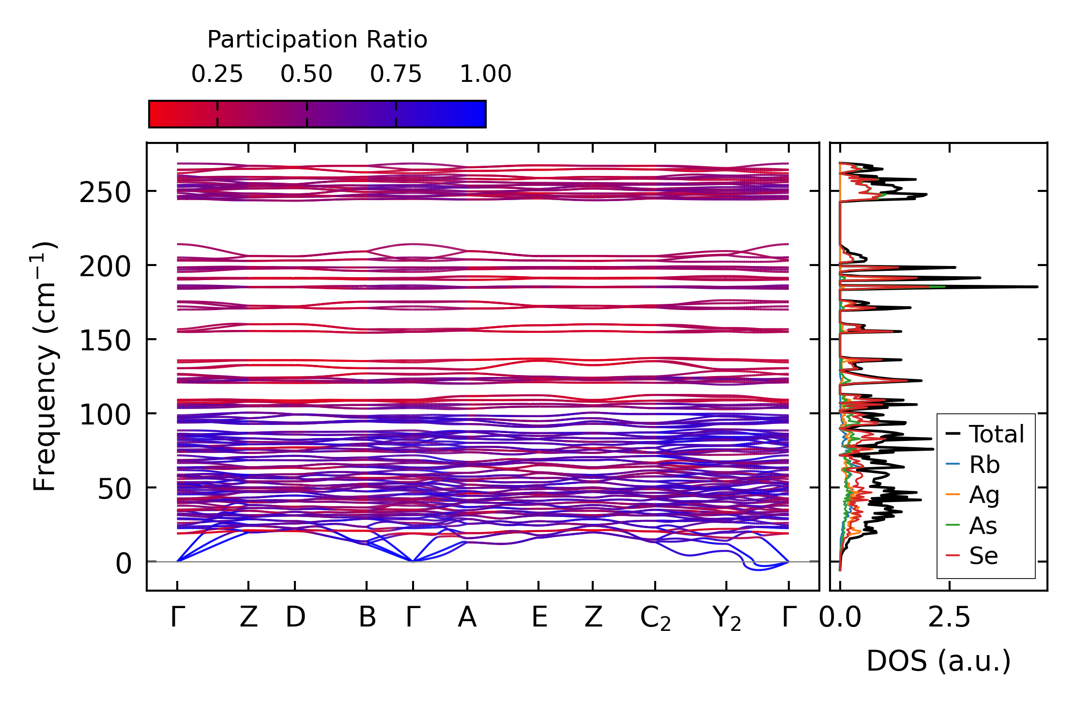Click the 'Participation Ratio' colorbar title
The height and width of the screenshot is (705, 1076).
coord(317,40)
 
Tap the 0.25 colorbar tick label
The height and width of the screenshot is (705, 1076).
coord(217,74)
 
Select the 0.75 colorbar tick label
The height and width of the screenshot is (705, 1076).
coord(396,74)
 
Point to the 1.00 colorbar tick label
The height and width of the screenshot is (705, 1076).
coord(485,74)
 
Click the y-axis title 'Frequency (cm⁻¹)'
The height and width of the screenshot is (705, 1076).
coord(45,366)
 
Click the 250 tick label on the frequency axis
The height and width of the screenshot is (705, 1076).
coord(105,192)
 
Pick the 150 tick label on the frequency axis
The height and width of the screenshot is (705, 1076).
coord(105,341)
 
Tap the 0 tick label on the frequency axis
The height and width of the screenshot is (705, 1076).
coord(123,564)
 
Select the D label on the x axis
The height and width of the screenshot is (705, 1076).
coord(295,617)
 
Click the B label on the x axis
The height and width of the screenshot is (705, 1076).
coord(367,617)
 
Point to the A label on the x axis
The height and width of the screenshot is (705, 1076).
coord(467,617)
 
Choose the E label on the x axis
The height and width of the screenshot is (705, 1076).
coord(539,617)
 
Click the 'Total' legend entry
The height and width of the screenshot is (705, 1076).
coord(996,434)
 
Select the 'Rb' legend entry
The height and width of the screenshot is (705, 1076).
coord(984,465)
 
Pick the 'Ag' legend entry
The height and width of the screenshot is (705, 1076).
coord(984,495)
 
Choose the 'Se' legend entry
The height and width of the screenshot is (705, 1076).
coord(983,556)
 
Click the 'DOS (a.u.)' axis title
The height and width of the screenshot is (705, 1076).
coord(938,661)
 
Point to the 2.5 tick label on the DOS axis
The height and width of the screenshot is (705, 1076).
coord(949,617)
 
